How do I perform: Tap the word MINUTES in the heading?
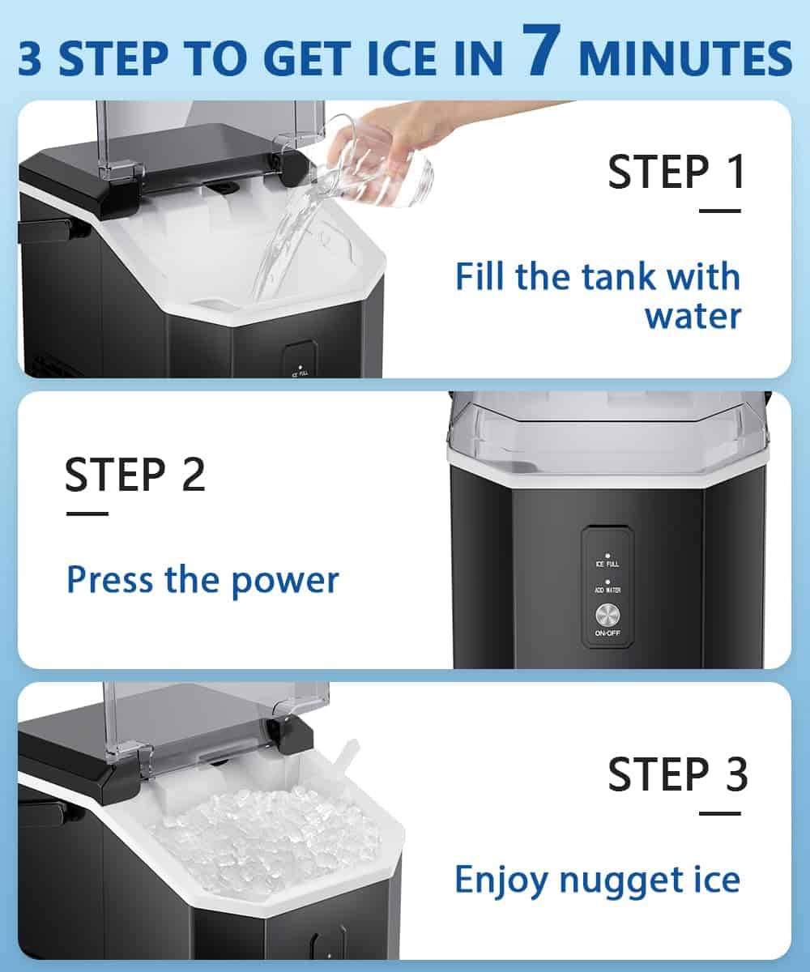tap(685, 59)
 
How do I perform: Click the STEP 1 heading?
tap(677, 172)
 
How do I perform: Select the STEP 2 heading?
tap(135, 474)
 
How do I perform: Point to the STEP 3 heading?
tap(678, 774)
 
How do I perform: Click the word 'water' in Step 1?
tap(693, 317)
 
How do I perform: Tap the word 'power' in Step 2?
tap(285, 581)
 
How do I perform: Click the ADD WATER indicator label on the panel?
tap(607, 590)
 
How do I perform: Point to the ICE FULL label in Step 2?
tap(607, 565)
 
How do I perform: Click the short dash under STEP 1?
tap(720, 211)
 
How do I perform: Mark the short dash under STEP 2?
tap(87, 514)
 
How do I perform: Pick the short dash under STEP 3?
tap(720, 814)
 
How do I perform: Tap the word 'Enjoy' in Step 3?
tap(501, 880)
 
